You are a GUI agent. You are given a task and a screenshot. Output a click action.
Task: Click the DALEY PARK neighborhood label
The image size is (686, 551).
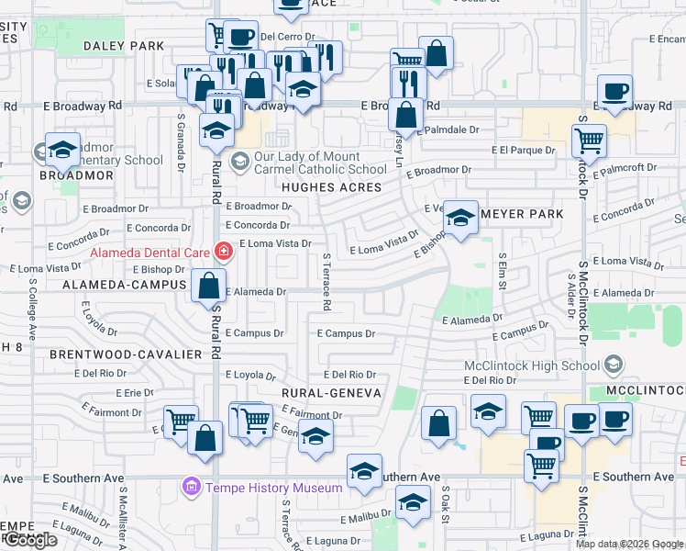[124, 45]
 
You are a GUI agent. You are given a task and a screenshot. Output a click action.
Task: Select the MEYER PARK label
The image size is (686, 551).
[522, 214]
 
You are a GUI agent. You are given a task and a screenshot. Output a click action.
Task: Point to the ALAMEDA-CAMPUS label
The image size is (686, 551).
[125, 286]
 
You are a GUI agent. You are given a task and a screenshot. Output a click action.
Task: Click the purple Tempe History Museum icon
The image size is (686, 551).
[192, 487]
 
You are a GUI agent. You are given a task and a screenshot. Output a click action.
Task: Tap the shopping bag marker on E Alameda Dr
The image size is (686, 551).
[209, 285]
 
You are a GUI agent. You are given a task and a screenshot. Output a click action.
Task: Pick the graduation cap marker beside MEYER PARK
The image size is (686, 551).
[461, 218]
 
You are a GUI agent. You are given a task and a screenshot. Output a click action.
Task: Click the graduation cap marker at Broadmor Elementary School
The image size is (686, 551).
[62, 149]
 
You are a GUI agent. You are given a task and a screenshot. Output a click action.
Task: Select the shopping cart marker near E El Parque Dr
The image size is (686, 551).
[588, 141]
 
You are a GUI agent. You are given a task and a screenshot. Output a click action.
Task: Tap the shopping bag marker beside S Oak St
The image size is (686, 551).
[439, 423]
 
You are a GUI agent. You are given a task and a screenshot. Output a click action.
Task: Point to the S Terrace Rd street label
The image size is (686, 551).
[326, 280]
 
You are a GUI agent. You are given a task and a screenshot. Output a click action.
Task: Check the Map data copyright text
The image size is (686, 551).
[628, 544]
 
